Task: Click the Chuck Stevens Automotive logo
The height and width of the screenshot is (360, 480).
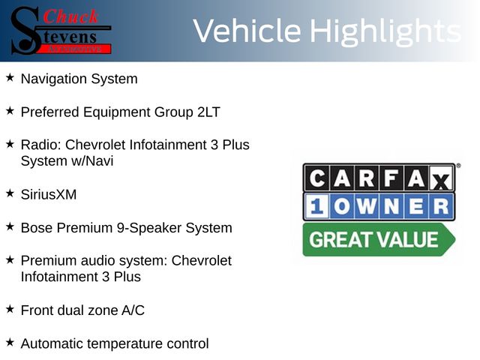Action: tap(61, 31)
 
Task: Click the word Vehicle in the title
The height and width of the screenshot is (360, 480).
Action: tap(247, 31)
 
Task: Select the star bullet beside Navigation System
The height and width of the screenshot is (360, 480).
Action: tap(10, 77)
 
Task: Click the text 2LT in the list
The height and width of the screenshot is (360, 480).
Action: tap(208, 112)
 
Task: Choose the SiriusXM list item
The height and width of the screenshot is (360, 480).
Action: tap(49, 195)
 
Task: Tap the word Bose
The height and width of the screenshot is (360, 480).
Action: tap(37, 228)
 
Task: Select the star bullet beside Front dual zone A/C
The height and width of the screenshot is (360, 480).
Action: tap(10, 309)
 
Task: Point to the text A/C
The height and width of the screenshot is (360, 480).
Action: tap(133, 310)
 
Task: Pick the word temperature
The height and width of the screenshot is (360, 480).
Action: tap(125, 344)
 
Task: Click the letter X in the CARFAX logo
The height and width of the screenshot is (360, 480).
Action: tap(441, 178)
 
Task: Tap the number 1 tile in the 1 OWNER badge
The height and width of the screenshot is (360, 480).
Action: tap(316, 205)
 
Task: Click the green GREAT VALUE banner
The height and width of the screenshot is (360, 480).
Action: tap(379, 239)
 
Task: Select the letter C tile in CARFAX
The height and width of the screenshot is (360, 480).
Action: tap(316, 178)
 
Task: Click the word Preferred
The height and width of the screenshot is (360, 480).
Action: tap(50, 112)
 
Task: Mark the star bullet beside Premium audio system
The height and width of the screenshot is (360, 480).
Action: tap(10, 260)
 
